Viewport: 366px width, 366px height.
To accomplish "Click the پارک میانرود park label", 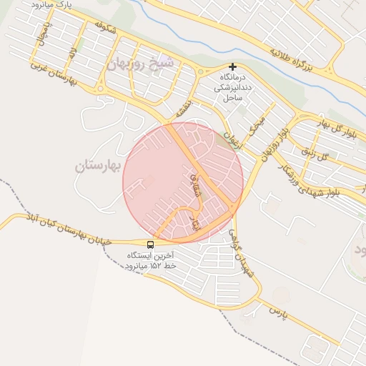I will [52, 5].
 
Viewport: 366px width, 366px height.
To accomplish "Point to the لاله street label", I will [72, 52].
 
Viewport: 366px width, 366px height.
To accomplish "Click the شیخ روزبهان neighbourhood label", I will [142, 63].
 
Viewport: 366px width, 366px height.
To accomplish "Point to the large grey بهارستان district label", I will [99, 166].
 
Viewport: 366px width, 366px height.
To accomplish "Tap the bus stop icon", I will [150, 244].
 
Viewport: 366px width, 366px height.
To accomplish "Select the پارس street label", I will [278, 312].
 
